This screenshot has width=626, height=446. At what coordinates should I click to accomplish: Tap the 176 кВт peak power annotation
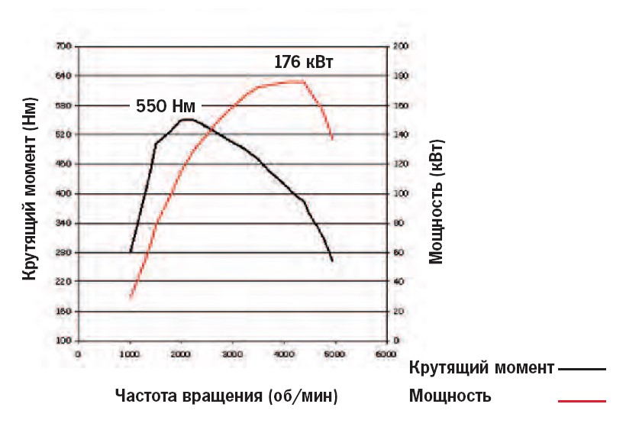pos(303,62)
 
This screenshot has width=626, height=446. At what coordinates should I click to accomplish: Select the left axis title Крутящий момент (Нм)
pos(31,189)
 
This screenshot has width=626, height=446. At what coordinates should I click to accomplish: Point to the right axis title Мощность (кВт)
pos(436,201)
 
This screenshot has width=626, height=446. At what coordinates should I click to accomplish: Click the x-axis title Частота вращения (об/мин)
pos(227,396)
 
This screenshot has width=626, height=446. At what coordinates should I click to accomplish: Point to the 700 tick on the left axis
pos(63,47)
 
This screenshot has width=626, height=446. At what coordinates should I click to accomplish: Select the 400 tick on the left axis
pos(63,194)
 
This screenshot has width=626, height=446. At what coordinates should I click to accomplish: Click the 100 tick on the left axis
pos(63,341)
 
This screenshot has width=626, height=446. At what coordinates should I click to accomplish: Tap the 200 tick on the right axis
pos(402,47)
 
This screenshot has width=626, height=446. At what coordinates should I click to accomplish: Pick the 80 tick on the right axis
pos(400,223)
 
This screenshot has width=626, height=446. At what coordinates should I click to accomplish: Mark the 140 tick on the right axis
pos(402,135)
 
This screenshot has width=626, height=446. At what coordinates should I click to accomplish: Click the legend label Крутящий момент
pos(482,368)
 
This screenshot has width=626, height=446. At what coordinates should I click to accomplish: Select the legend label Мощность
pos(450,396)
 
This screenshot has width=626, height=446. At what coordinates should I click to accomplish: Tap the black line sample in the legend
pos(582,369)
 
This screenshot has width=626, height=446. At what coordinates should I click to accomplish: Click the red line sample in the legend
pos(582,400)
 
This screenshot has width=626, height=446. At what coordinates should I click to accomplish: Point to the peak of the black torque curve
pos(186,119)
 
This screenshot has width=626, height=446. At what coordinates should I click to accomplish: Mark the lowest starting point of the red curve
pos(130,297)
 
